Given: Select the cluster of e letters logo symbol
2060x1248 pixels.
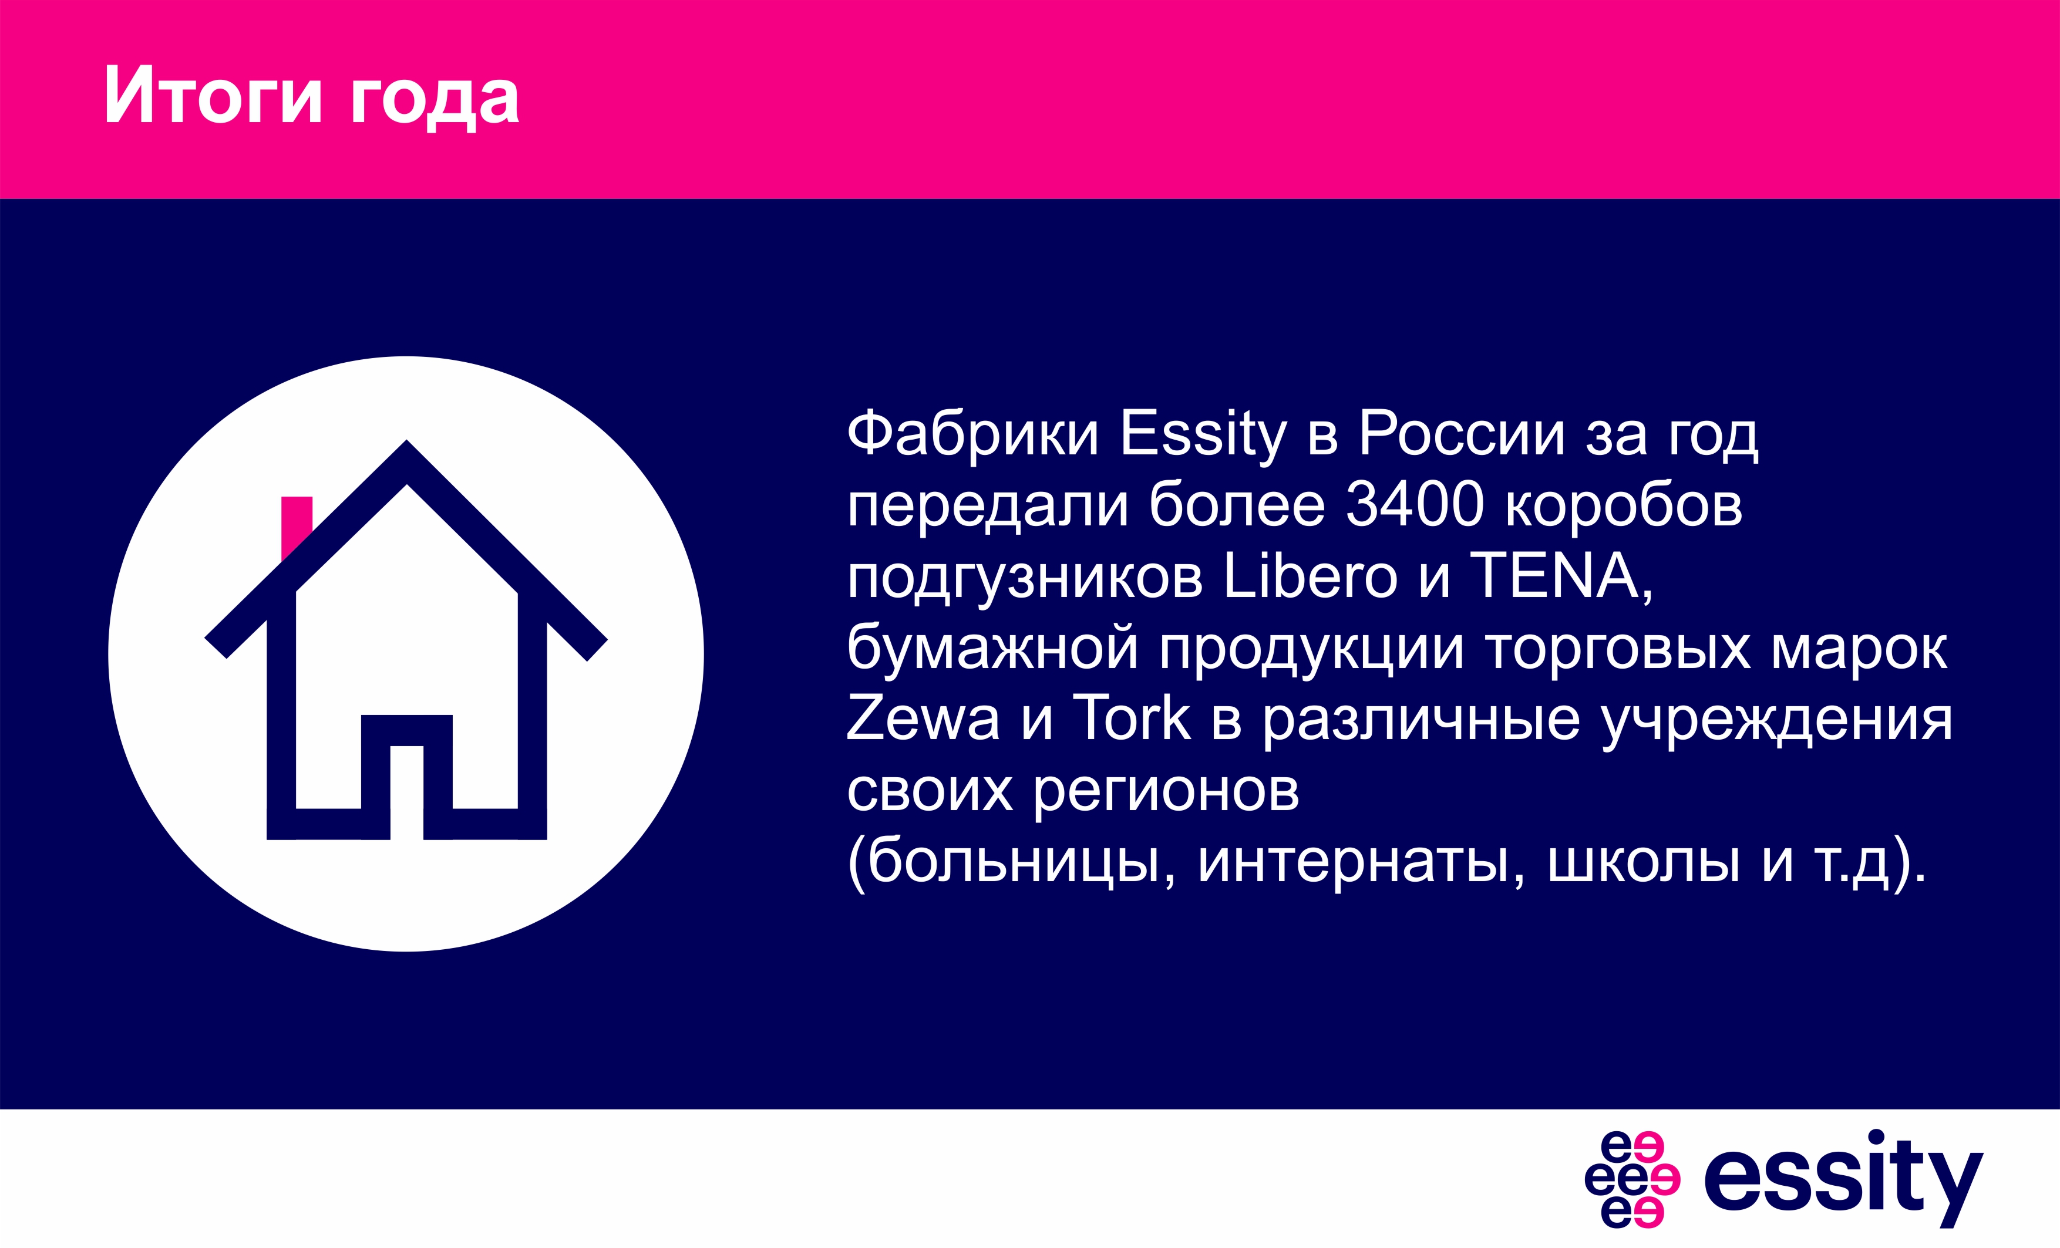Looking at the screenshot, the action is click(1632, 1179).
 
